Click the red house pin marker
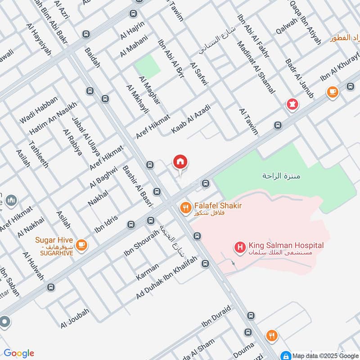[180, 162]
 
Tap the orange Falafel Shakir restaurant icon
[184, 208]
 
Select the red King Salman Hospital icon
[240, 247]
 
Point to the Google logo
[19, 353]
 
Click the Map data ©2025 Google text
[320, 355]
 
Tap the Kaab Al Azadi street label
[191, 118]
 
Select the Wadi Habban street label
[39, 111]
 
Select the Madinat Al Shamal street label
[255, 68]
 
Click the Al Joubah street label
[75, 318]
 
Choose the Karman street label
[148, 272]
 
